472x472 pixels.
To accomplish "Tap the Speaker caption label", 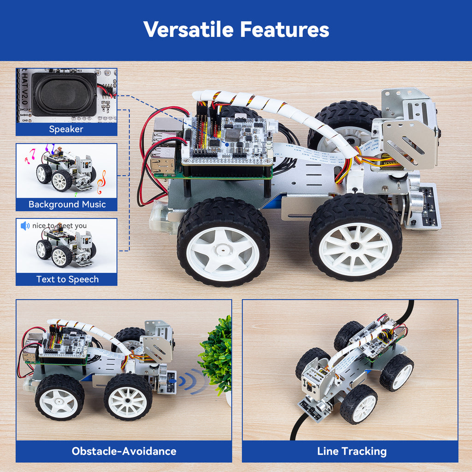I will click(66, 129).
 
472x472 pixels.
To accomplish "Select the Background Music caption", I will click(67, 204).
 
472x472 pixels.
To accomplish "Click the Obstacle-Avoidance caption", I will click(124, 451).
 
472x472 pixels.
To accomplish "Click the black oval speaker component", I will click(65, 94).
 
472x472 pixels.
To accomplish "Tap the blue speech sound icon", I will click(25, 226).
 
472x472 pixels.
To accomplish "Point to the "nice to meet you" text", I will click(59, 226).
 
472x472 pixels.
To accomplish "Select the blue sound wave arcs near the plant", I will click(193, 381).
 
